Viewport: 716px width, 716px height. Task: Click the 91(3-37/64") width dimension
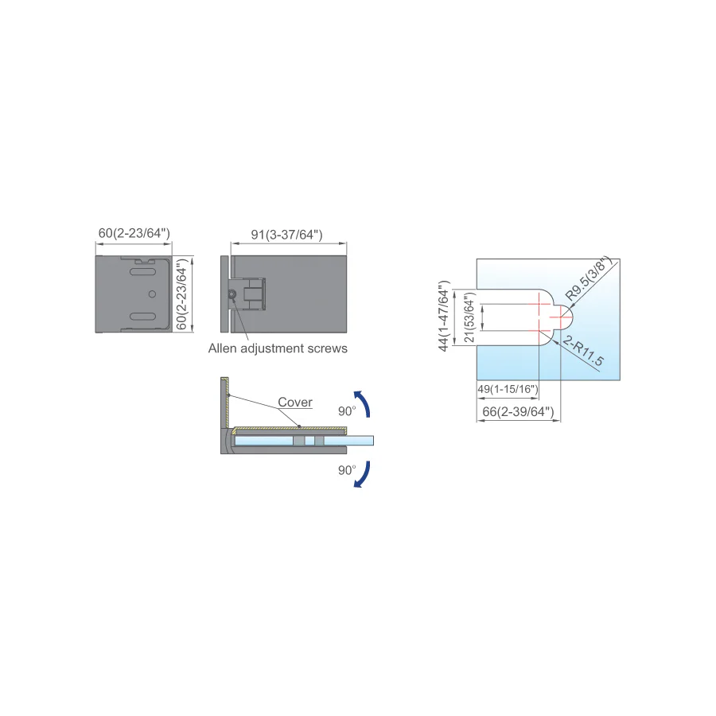pos(286,235)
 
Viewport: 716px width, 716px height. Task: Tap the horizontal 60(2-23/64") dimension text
pos(134,233)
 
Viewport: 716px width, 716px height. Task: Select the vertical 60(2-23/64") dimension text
pos(181,294)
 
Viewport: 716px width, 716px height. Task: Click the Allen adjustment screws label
pos(278,348)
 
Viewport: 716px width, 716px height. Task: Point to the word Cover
pos(295,403)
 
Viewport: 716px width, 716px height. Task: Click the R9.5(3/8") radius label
pos(588,278)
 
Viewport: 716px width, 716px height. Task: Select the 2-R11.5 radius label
pos(583,351)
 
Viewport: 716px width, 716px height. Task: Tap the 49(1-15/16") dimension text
pos(508,389)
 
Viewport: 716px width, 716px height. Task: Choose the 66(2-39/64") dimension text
pos(518,412)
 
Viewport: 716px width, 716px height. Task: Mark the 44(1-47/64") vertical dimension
pos(444,317)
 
